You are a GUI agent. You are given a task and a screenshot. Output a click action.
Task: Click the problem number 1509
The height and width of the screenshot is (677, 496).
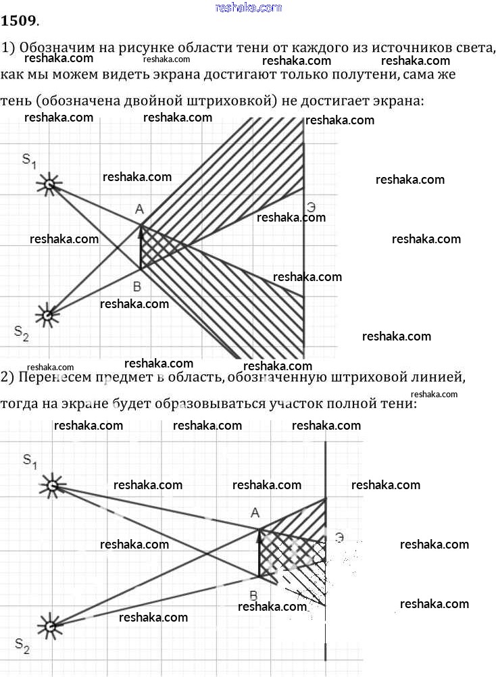pyautogui.click(x=19, y=20)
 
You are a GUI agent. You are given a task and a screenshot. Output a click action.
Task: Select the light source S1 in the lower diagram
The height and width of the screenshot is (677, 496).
pyautogui.click(x=52, y=486)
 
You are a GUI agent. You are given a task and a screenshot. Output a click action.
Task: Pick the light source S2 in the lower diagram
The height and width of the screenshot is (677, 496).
pyautogui.click(x=51, y=626)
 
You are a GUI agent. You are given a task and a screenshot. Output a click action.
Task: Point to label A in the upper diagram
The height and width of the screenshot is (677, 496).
pyautogui.click(x=139, y=209)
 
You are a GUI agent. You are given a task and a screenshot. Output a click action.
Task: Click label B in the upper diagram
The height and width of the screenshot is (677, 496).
pyautogui.click(x=137, y=286)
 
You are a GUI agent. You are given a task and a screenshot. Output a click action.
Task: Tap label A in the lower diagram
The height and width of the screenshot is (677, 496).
pyautogui.click(x=255, y=513)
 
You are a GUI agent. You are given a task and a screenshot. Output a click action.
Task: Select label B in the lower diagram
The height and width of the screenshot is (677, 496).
pyautogui.click(x=253, y=596)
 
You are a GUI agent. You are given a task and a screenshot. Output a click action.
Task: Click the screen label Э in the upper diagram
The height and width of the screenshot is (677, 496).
pyautogui.click(x=311, y=207)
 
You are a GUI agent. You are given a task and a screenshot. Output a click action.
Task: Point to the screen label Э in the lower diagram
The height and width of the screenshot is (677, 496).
pyautogui.click(x=339, y=538)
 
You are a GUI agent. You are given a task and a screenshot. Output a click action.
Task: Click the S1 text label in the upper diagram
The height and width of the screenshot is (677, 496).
pyautogui.click(x=29, y=161)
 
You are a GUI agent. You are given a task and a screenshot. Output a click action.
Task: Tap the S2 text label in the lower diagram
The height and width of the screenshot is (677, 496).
pyautogui.click(x=22, y=646)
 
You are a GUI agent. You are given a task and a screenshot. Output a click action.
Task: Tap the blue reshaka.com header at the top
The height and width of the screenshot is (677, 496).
pyautogui.click(x=248, y=7)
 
